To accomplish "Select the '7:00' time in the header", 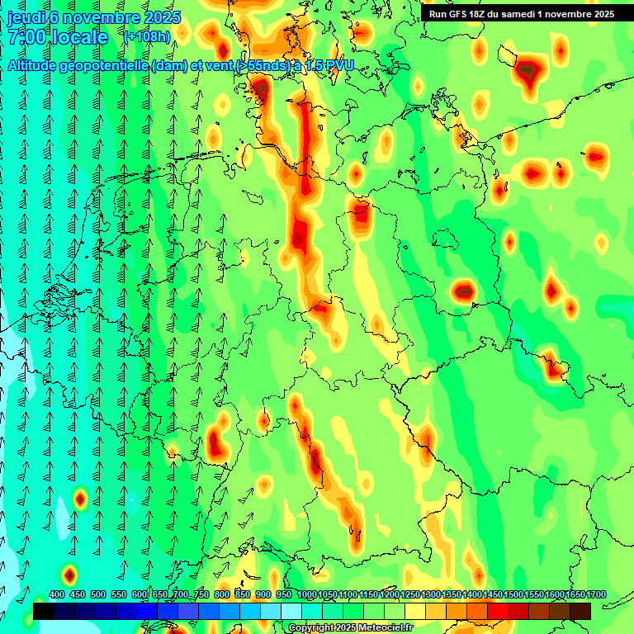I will click(x=25, y=37).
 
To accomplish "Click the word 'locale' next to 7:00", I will click(x=80, y=37).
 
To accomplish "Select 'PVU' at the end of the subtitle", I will click(x=335, y=65).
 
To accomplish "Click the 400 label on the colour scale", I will click(x=57, y=594).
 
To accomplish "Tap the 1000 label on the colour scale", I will click(x=307, y=594).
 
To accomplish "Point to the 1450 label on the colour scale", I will click(x=493, y=594).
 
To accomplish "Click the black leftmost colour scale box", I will click(x=44, y=611).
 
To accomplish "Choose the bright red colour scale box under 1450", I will click(x=498, y=611).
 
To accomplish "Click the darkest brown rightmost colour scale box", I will click(x=580, y=611).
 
